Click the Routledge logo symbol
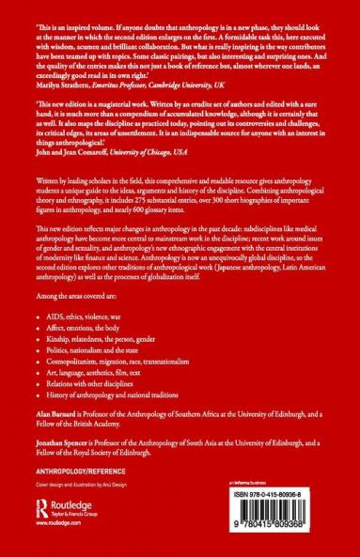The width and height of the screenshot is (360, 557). click(39, 506)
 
